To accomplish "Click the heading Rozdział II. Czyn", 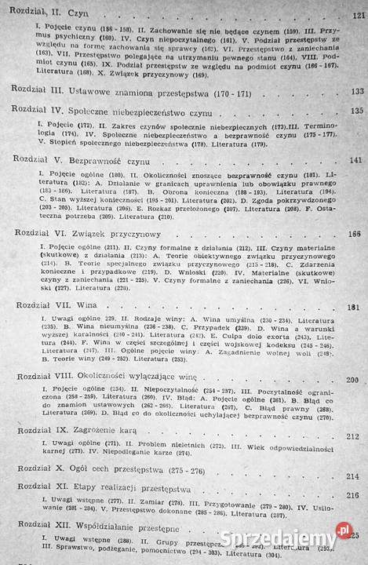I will [x=51, y=13].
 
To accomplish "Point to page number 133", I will [x=357, y=91].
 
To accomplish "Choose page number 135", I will [x=357, y=111].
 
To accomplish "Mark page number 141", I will [x=357, y=160].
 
